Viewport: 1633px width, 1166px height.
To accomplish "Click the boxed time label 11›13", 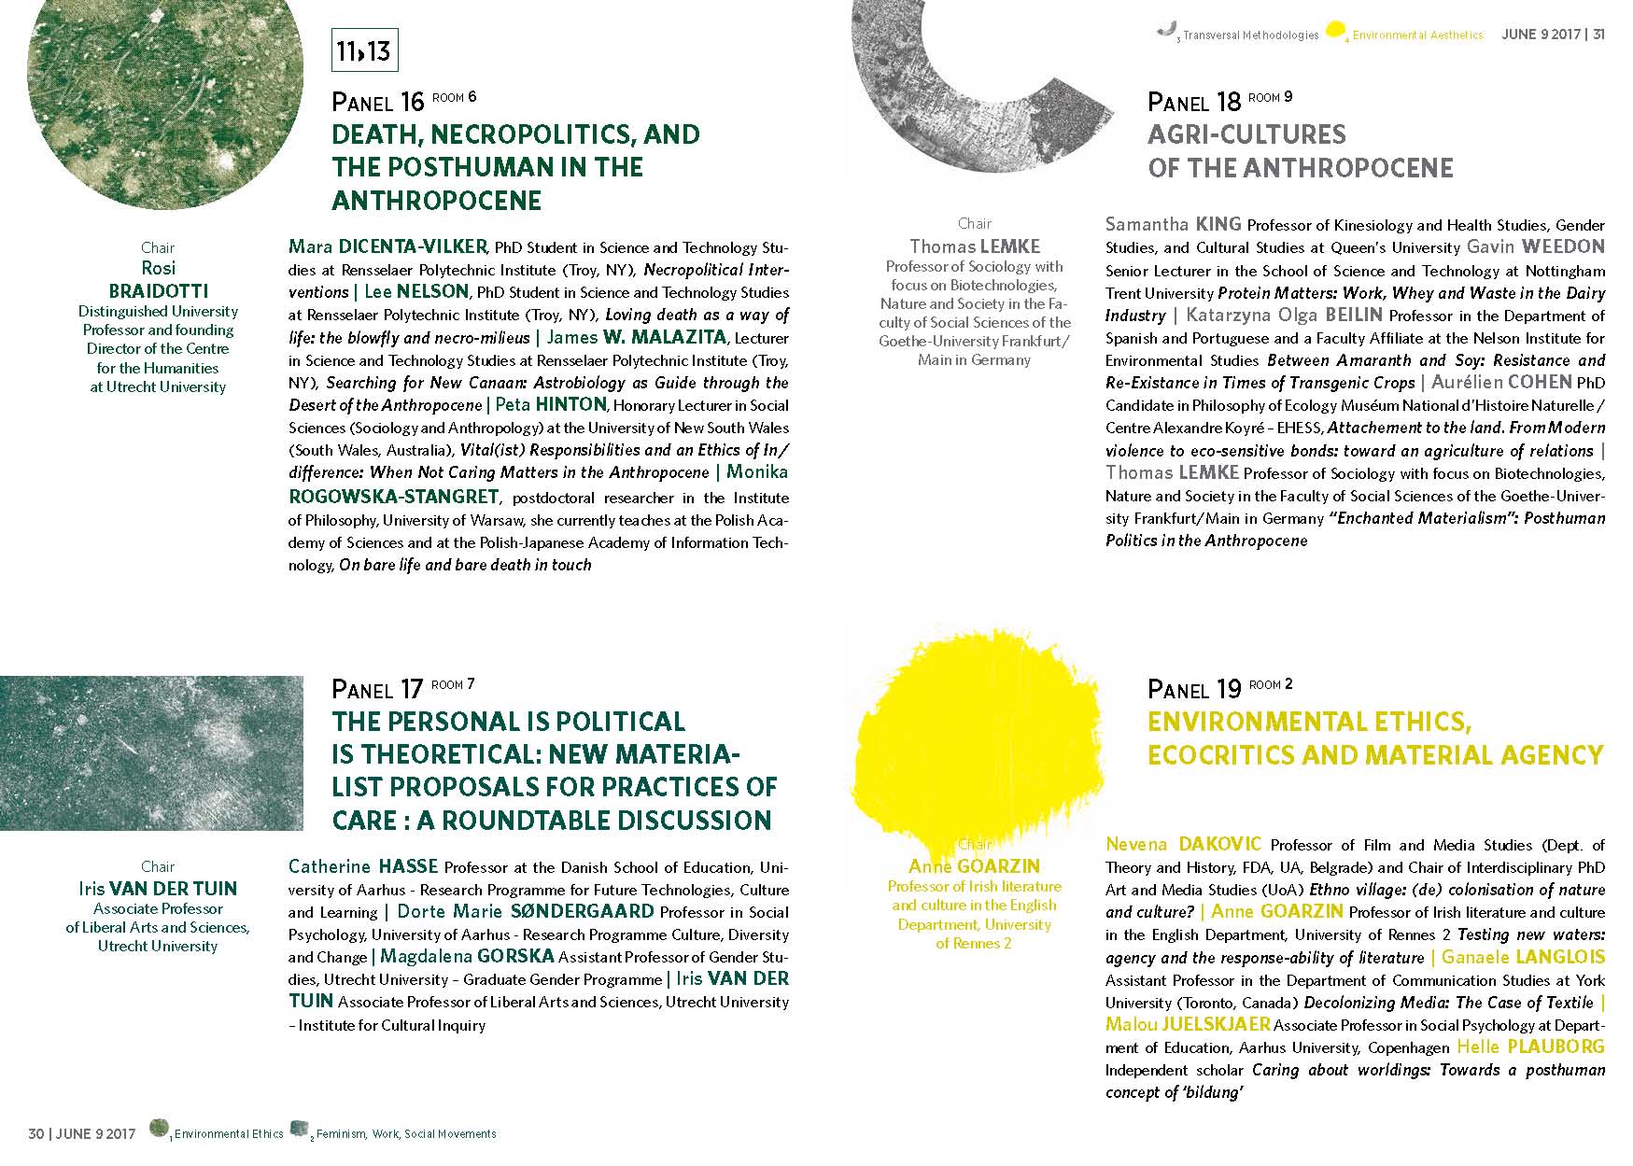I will click(x=364, y=50).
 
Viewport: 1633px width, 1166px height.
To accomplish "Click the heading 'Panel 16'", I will click(x=377, y=101).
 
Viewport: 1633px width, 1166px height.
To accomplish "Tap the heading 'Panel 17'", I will click(x=377, y=689).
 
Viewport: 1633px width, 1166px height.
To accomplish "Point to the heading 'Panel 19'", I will click(x=1193, y=689).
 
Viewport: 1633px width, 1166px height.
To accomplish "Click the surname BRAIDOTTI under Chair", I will click(x=158, y=290).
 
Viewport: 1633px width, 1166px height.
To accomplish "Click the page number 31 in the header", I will click(x=1598, y=35).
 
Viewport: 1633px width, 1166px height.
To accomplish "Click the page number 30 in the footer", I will click(x=36, y=1134).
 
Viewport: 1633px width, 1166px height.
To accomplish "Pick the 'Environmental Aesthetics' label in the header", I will click(x=1417, y=35).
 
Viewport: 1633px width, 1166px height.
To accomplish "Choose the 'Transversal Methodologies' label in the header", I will click(x=1250, y=35).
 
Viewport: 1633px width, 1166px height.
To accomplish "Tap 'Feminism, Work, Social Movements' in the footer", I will click(x=406, y=1134).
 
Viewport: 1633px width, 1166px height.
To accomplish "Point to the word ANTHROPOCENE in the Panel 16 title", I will click(x=436, y=201).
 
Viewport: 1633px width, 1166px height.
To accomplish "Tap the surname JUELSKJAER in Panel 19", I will click(x=1216, y=1024).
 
